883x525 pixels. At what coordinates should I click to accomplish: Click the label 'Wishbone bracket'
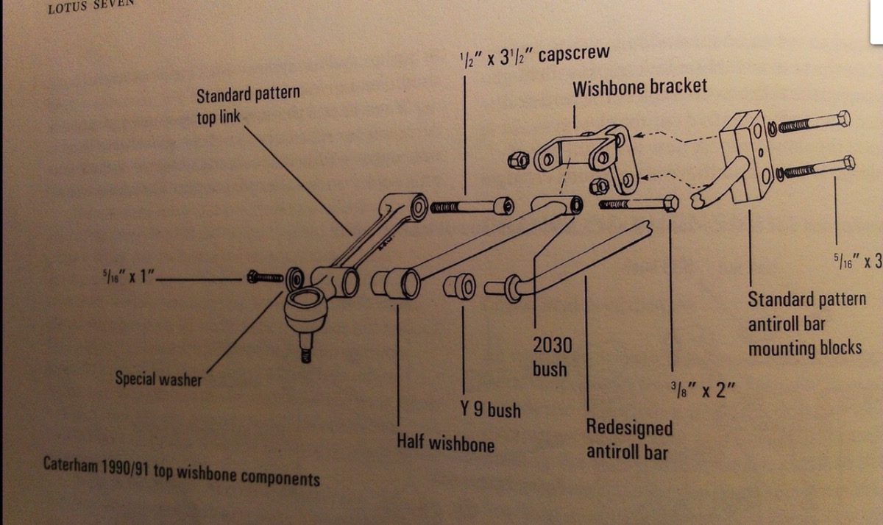(x=639, y=87)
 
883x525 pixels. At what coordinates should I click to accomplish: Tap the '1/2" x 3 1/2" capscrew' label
(x=533, y=56)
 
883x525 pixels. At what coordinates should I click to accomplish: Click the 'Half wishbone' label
(x=445, y=443)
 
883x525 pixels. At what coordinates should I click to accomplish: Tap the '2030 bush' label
(x=550, y=357)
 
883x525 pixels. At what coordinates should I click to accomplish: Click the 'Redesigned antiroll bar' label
(x=628, y=439)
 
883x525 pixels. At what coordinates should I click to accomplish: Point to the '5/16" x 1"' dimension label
(x=127, y=278)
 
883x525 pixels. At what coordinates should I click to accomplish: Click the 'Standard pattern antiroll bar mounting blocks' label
(x=806, y=323)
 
